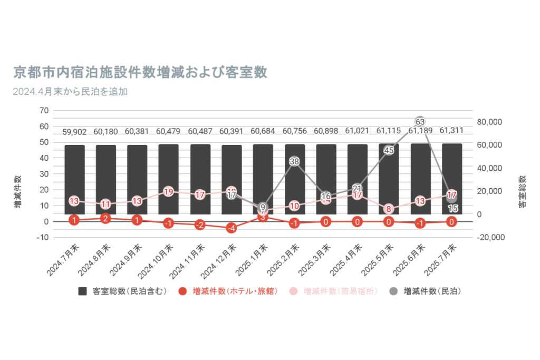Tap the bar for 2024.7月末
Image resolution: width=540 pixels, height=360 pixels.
74,179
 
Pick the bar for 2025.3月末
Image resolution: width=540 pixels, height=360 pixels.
326,179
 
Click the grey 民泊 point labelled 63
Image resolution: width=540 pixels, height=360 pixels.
420,122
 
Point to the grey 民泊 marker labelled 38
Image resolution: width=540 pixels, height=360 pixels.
294,161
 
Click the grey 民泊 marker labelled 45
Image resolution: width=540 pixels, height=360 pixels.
389,150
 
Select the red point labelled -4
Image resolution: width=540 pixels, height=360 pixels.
232,228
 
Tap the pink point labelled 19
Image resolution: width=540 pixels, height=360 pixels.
169,192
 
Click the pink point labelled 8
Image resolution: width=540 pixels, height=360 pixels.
389,209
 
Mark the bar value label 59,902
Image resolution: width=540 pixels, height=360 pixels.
74,131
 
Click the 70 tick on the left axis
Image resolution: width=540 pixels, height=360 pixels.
44,111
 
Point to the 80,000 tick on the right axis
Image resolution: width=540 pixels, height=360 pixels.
491,122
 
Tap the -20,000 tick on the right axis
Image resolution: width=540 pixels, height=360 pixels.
491,238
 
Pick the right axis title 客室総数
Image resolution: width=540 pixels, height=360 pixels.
522,191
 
